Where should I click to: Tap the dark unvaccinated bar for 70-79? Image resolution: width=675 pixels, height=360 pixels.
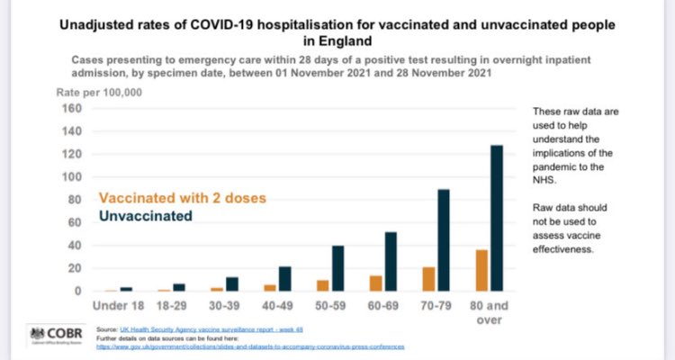pos(443,240)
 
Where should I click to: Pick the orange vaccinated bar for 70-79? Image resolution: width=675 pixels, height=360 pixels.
pos(427,279)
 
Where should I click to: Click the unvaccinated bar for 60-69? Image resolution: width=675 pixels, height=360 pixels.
pos(391,262)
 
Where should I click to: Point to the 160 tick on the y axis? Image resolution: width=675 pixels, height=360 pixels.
pos(72,109)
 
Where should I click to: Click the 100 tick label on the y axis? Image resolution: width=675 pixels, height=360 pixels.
pos(72,177)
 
